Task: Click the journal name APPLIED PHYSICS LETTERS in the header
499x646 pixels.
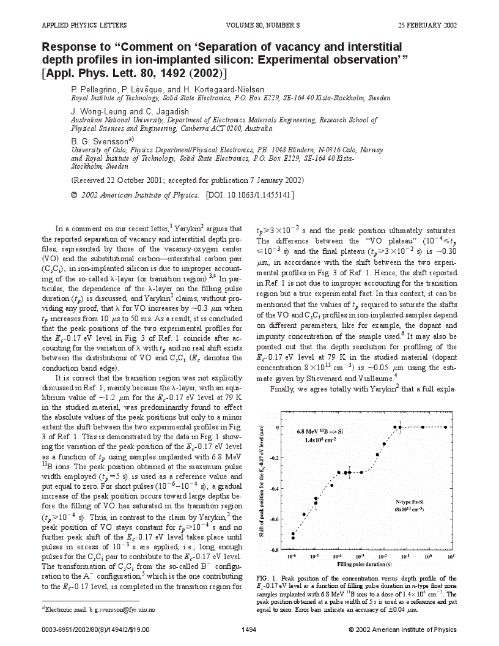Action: coord(84,25)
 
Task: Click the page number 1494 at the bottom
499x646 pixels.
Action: coord(250,629)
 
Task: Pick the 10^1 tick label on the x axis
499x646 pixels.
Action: coord(451,557)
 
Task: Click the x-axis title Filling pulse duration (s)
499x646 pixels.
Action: coord(369,564)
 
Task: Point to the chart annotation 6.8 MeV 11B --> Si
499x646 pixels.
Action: coord(322,431)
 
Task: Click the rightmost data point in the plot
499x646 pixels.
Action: coord(446,427)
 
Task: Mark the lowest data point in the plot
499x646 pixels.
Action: coord(292,538)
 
